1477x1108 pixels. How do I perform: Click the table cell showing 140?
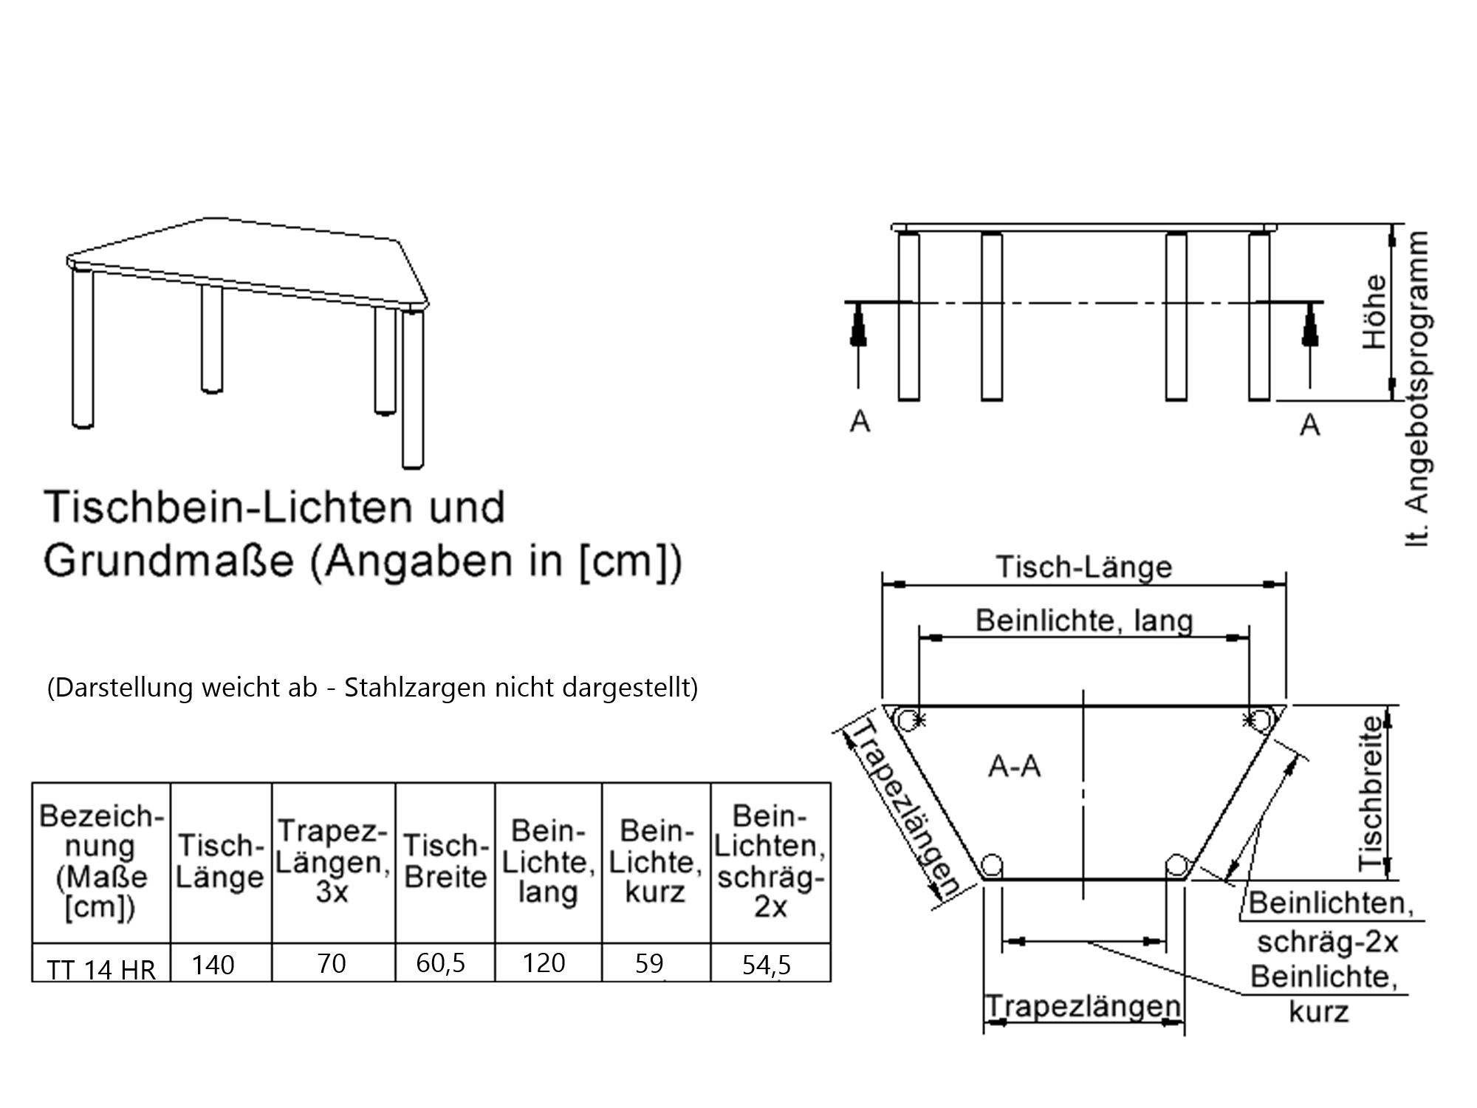coord(213,965)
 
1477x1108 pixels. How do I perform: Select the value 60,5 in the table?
coord(441,963)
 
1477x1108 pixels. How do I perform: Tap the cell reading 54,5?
coord(767,965)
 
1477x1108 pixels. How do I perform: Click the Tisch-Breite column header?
coord(446,861)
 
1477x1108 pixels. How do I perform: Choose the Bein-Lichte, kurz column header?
coord(655,861)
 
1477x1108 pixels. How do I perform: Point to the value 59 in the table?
coord(649,964)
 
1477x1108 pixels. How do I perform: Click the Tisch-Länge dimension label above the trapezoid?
coord(1084,567)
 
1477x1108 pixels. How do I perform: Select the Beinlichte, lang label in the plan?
coord(1084,620)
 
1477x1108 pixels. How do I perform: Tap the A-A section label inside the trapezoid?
coord(1014,767)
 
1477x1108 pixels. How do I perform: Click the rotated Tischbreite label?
coord(1371,793)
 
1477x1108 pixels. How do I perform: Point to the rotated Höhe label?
coord(1374,312)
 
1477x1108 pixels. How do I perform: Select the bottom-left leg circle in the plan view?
coord(992,865)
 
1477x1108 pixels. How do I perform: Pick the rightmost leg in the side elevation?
coord(1259,316)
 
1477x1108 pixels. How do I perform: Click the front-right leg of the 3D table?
coord(413,389)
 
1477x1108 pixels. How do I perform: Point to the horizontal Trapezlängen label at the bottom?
coord(1083,1006)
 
